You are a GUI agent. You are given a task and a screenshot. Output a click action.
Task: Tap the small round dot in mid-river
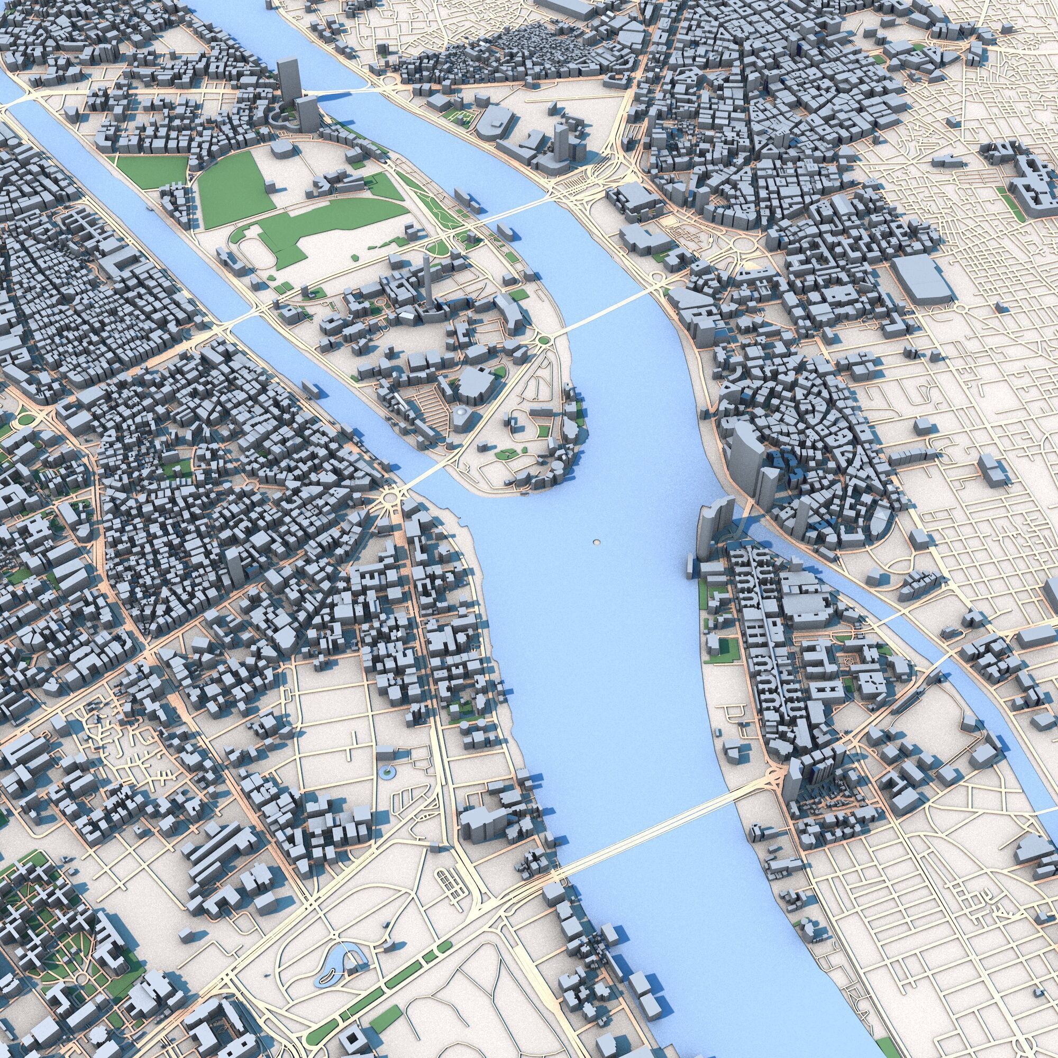596,542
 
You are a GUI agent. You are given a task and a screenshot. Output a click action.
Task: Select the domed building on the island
461,415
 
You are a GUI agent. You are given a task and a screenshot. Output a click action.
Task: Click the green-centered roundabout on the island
543,341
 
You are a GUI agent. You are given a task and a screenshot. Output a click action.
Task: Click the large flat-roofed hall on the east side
923,279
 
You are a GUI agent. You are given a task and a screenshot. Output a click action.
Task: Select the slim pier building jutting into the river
689,563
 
